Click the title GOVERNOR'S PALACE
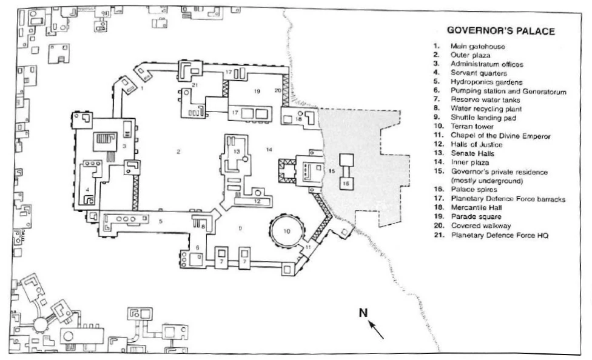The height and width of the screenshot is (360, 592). (x=500, y=32)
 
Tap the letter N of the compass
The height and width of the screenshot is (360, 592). (x=363, y=313)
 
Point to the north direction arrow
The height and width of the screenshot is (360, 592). (x=377, y=329)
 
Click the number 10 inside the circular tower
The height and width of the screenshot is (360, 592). (x=288, y=231)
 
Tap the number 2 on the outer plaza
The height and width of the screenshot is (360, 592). (x=178, y=152)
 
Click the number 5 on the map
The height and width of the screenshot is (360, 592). (x=160, y=222)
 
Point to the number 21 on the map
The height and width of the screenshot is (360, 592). (x=195, y=85)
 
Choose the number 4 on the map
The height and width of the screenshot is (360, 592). (x=89, y=189)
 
